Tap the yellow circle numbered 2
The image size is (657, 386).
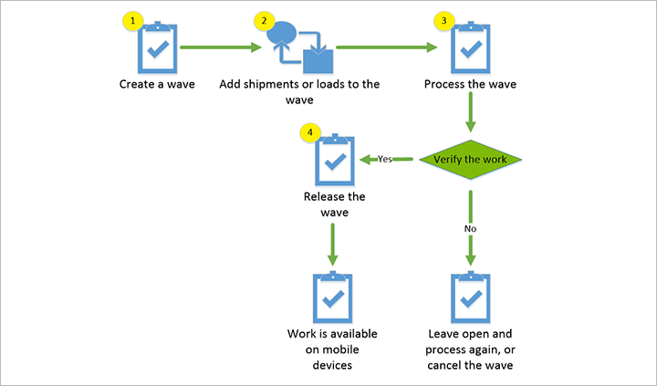(265, 19)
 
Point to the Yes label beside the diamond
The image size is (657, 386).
(385, 159)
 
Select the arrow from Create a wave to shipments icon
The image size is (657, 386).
(217, 46)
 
